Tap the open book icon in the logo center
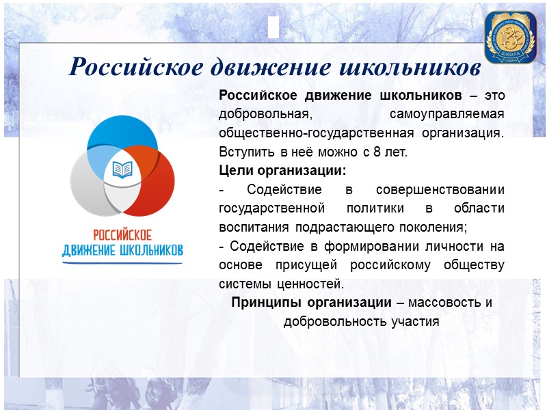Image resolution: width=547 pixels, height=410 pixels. (x=122, y=168)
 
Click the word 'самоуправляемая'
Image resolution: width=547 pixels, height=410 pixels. (x=446, y=113)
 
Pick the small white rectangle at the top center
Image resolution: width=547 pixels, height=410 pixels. (x=273, y=28)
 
